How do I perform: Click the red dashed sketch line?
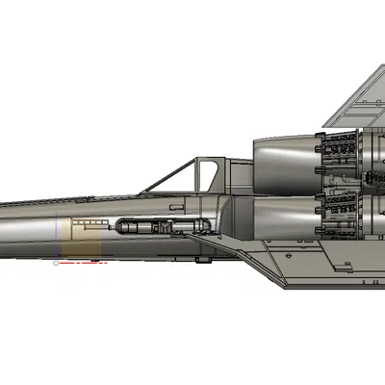pos(83,261)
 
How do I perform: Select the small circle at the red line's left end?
pos(58,261)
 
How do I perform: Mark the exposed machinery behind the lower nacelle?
pos(343,212)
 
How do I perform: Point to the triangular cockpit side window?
pos(206,176)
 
